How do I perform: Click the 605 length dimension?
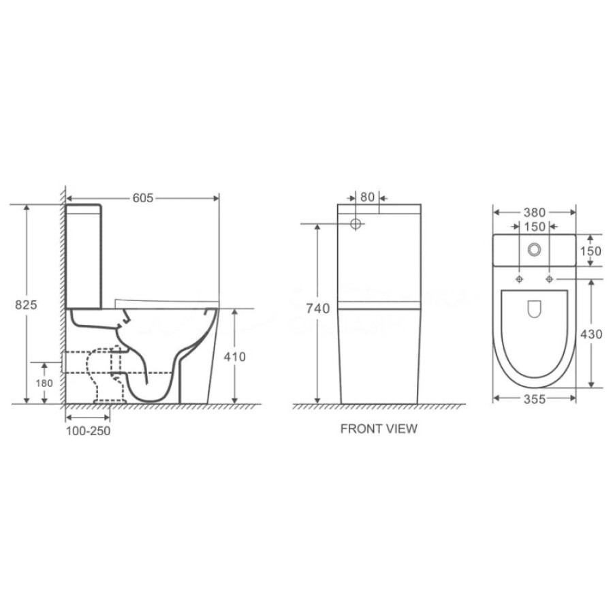click(x=143, y=198)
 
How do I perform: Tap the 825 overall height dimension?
click(x=26, y=304)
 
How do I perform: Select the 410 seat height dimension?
click(x=234, y=356)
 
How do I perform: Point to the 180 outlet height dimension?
click(x=44, y=383)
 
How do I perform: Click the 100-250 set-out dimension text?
click(x=88, y=431)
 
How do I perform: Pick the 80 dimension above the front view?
click(x=368, y=197)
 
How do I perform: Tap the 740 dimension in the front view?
click(x=318, y=309)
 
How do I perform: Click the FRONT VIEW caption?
click(x=379, y=429)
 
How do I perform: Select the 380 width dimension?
click(x=535, y=213)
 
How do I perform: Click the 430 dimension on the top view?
click(x=591, y=334)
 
